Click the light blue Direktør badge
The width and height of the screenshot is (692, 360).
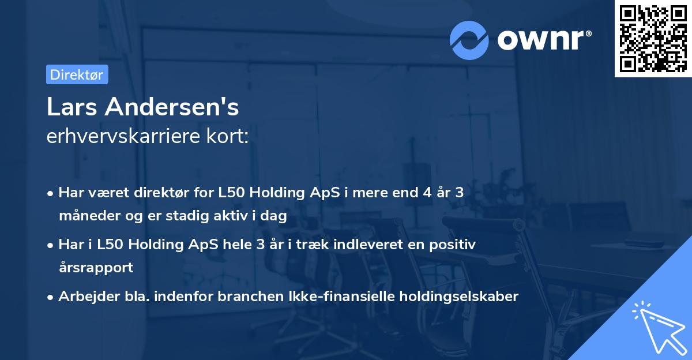(77, 75)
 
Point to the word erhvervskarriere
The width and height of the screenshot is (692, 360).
(124, 136)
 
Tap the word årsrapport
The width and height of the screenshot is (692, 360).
(96, 267)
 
